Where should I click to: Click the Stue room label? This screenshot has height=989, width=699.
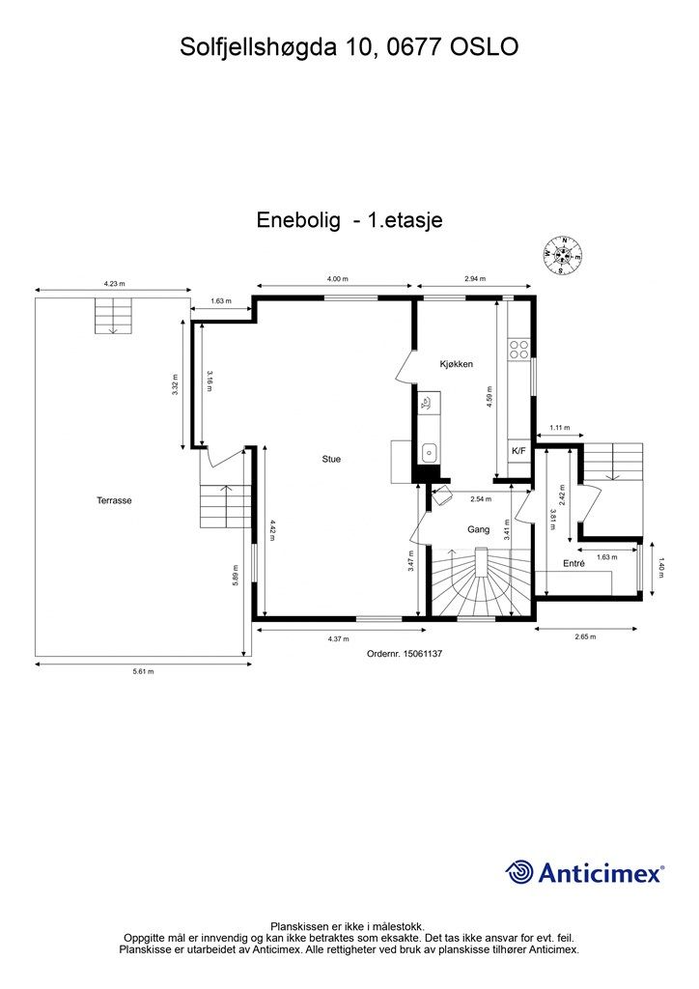[x=331, y=459]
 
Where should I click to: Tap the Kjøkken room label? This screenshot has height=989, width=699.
[x=457, y=364]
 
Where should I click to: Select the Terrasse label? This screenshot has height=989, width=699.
[x=114, y=500]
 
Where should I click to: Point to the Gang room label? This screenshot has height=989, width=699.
[x=479, y=530]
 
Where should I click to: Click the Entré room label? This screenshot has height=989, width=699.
[x=573, y=563]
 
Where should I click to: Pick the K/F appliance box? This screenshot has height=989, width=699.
[x=518, y=451]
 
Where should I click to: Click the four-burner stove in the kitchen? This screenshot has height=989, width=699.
[x=519, y=349]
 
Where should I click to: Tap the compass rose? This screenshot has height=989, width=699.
[x=562, y=255]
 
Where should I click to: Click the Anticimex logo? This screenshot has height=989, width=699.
[x=584, y=873]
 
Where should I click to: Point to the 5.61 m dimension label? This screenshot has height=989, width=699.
[x=143, y=672]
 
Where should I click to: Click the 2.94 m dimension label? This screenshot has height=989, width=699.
[x=475, y=279]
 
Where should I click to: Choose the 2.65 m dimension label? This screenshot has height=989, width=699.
[x=585, y=636]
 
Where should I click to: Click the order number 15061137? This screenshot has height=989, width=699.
[x=422, y=654]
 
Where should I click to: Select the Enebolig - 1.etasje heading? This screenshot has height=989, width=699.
[x=349, y=220]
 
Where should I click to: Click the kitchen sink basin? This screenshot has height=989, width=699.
[x=430, y=452]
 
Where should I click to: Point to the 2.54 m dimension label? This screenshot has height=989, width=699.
[x=481, y=499]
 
